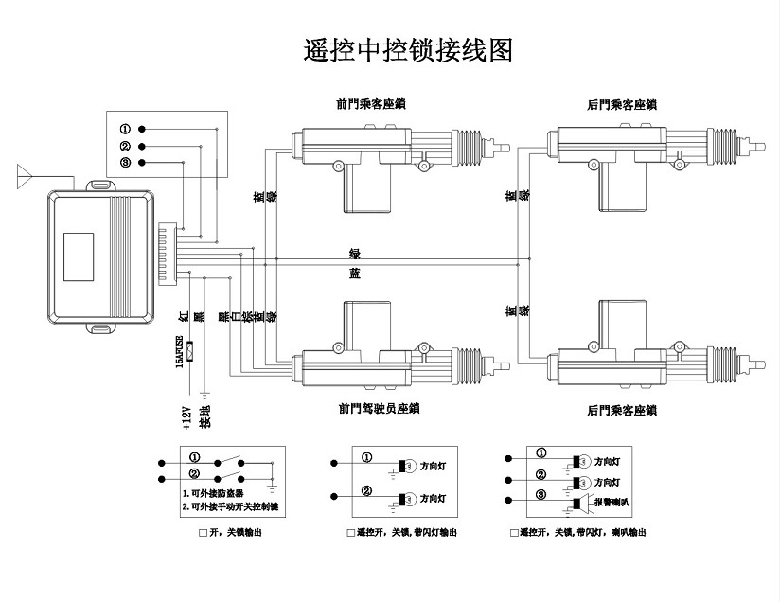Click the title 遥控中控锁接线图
coord(408,50)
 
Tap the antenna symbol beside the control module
coord(26,175)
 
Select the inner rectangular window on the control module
coord(80,255)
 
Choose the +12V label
coord(186,417)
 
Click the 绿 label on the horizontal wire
coord(355,254)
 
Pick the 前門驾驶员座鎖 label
coord(379,409)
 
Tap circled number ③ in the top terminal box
coord(124,163)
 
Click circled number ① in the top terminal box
coord(124,128)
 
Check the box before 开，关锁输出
coord(203,534)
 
